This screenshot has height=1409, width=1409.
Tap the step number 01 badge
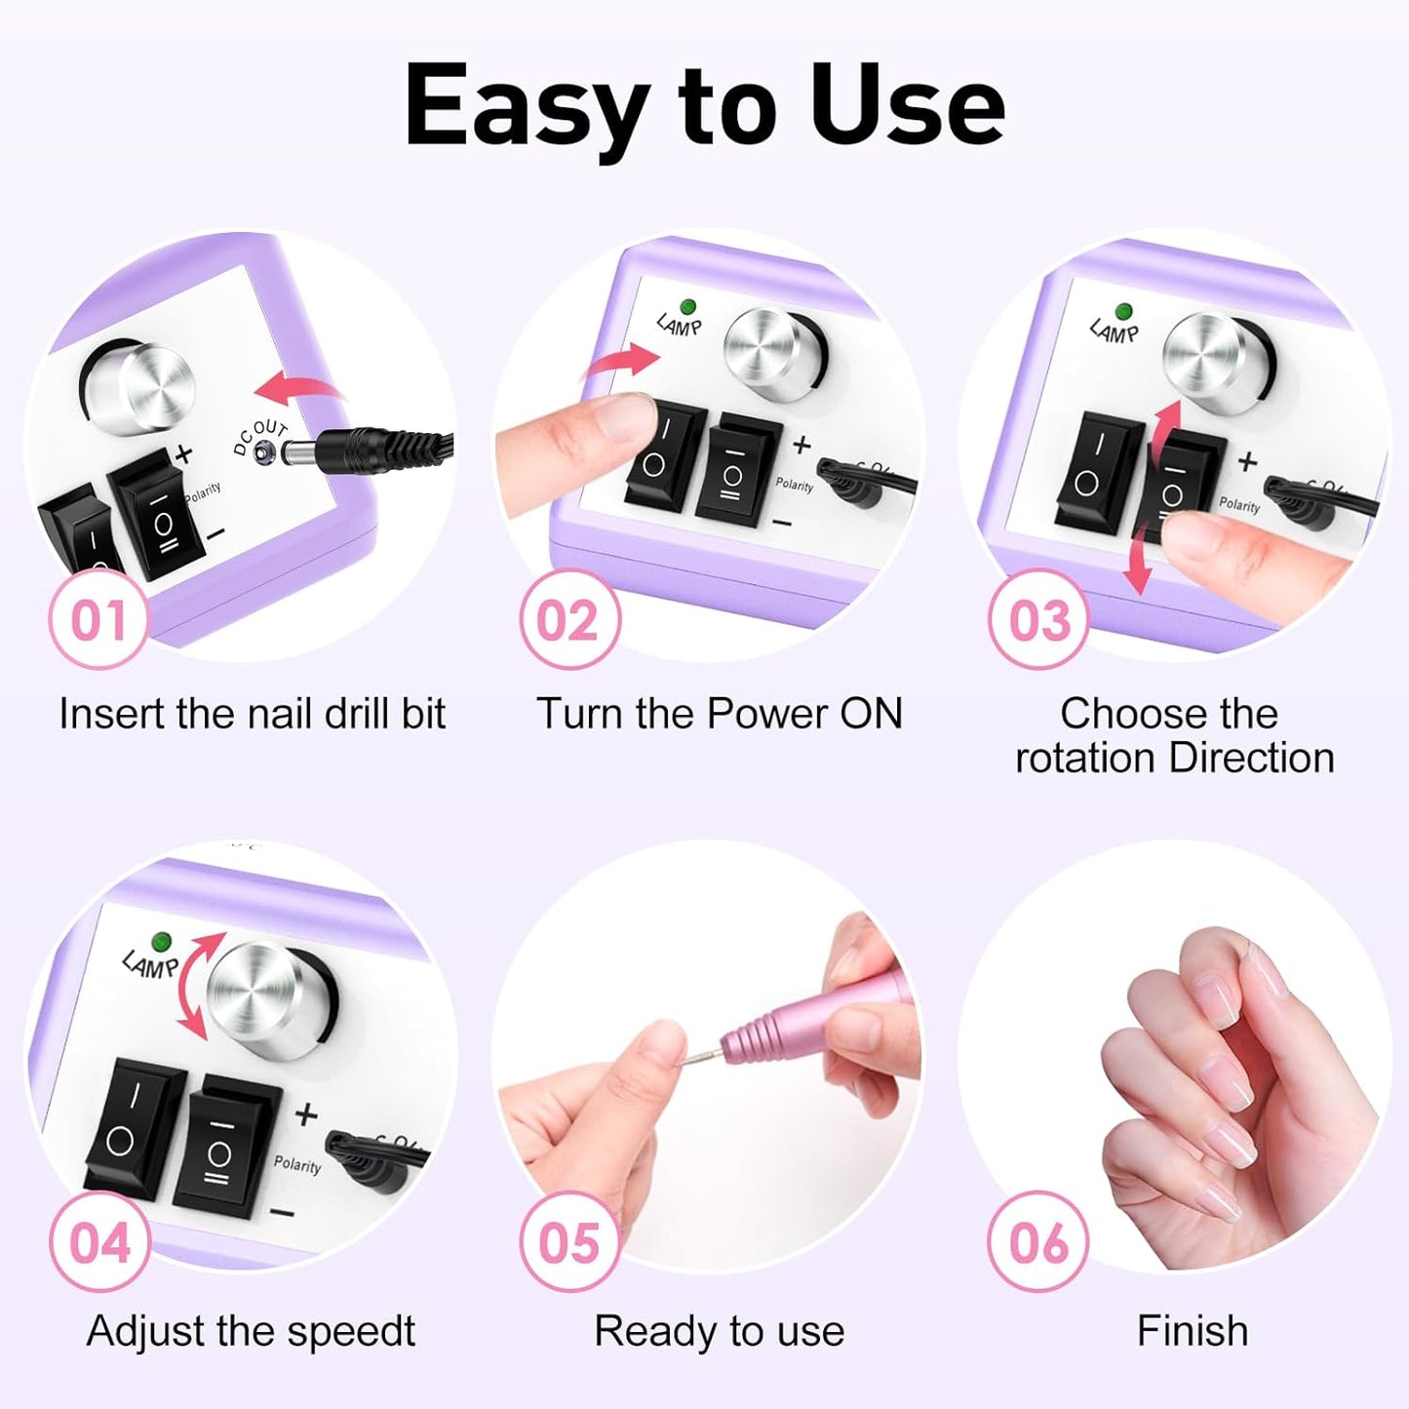[x=98, y=620]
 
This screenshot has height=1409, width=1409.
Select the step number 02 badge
[x=568, y=620]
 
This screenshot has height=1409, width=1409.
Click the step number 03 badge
[x=1038, y=620]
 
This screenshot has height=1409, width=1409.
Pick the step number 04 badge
[x=98, y=1242]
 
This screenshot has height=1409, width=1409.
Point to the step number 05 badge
[x=568, y=1242]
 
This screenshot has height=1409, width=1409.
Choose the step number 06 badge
[x=1038, y=1242]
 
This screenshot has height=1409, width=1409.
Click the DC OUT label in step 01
[x=260, y=438]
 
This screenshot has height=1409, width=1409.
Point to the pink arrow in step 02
[x=622, y=362]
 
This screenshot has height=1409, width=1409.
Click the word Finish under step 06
[x=1192, y=1331]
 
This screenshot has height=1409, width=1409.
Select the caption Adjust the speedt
[x=251, y=1331]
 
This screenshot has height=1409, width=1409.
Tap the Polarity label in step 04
[x=297, y=1164]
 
